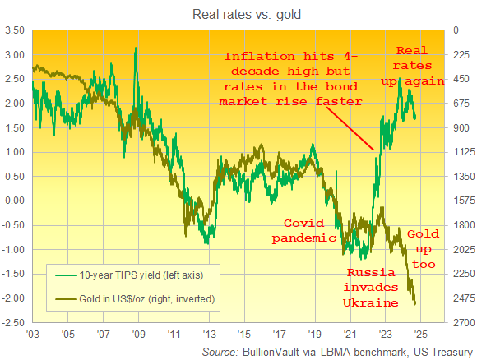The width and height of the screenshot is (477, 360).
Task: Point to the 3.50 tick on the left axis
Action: [x=15, y=30]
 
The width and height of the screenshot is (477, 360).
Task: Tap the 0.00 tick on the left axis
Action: [x=16, y=201]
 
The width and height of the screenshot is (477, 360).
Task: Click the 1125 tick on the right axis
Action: [x=460, y=152]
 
